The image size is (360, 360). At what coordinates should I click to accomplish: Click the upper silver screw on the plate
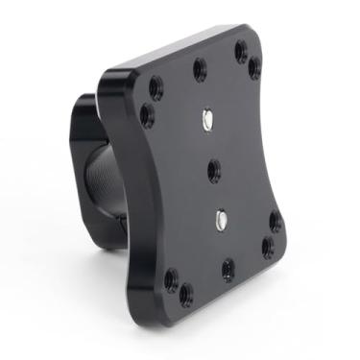(x=208, y=119)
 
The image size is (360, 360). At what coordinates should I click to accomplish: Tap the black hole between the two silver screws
(x=214, y=171)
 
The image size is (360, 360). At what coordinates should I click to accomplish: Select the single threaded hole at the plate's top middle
(x=199, y=68)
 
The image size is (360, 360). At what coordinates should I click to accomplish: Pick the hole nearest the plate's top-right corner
(x=240, y=51)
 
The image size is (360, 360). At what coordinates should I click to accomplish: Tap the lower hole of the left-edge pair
(x=147, y=115)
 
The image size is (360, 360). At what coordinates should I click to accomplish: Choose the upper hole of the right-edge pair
(x=276, y=221)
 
